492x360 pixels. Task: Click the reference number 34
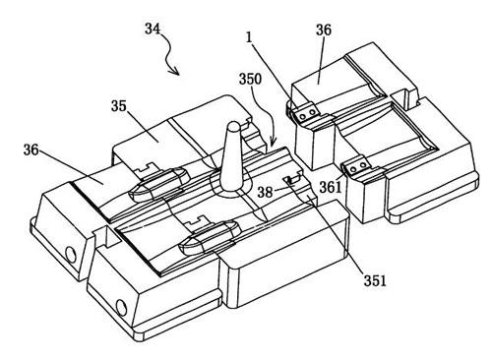[153, 29]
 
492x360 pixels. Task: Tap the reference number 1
[249, 37]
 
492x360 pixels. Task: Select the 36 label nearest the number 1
[324, 30]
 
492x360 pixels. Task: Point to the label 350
[250, 79]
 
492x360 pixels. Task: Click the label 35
[119, 106]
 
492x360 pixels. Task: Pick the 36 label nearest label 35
[31, 150]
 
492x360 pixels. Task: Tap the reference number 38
[265, 192]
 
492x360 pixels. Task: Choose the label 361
[331, 187]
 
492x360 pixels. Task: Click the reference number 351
[375, 281]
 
